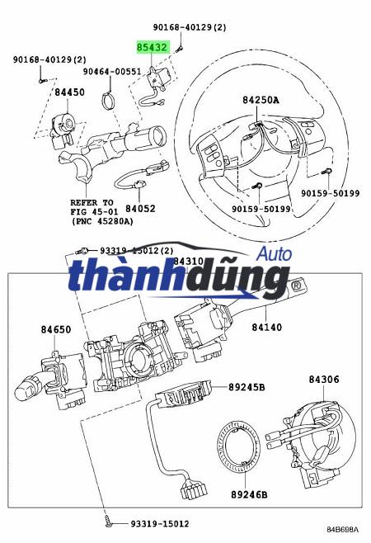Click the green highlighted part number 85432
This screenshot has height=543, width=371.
coord(154,48)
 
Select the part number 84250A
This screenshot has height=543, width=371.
coord(261,101)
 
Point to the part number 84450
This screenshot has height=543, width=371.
coord(69,92)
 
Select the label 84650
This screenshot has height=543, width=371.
coord(56,330)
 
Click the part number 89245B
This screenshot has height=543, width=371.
coord(247,385)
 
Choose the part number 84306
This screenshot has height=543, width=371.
coord(324,379)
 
